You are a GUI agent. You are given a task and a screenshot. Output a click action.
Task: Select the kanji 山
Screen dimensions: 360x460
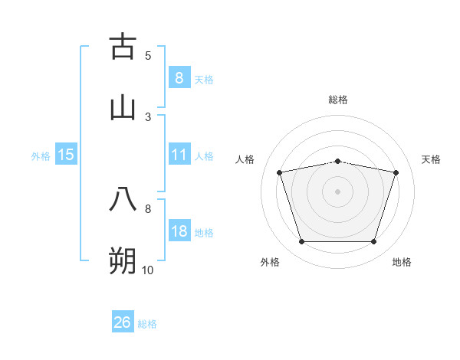(123, 107)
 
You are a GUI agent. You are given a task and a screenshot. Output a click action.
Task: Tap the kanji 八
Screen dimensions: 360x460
(123, 199)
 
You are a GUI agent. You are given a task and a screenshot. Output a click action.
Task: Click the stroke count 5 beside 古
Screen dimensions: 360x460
(148, 55)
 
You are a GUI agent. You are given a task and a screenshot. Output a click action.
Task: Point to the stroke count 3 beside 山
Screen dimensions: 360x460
(148, 116)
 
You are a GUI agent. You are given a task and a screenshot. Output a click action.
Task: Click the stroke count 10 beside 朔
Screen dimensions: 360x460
(148, 270)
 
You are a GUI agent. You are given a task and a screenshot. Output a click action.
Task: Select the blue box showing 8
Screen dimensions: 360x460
(179, 77)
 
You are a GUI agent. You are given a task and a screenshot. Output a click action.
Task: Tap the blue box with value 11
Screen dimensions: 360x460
(179, 155)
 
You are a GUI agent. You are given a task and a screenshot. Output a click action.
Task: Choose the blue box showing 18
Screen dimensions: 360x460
(179, 231)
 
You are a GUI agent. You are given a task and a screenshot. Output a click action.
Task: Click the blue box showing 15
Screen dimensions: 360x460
(66, 155)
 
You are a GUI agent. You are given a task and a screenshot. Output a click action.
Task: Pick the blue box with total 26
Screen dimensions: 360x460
(123, 322)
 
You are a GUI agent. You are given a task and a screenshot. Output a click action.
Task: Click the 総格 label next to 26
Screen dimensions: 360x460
(147, 324)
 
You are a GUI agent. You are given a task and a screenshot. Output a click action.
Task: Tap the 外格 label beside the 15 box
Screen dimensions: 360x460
(41, 156)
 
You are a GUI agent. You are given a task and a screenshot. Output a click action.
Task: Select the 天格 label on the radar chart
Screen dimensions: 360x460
(431, 159)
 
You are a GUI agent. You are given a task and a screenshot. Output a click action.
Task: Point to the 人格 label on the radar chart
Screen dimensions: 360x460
(245, 159)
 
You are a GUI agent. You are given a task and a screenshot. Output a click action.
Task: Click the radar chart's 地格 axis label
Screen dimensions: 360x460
(402, 262)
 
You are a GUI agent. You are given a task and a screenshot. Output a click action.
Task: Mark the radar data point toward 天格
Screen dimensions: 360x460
(396, 172)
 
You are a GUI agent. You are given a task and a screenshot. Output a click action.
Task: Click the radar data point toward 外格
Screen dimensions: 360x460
(301, 242)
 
